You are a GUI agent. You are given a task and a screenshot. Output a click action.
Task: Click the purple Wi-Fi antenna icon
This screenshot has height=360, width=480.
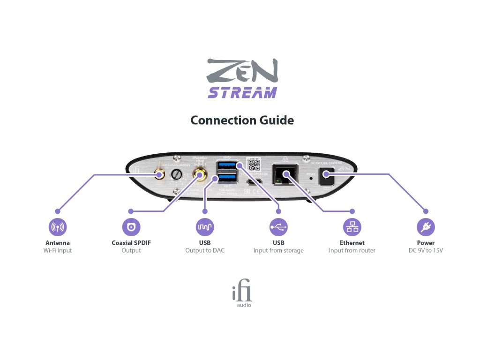point(58,227)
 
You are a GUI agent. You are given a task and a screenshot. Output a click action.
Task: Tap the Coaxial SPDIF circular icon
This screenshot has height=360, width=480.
point(131,227)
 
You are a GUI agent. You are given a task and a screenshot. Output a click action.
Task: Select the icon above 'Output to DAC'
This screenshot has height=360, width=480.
point(205,227)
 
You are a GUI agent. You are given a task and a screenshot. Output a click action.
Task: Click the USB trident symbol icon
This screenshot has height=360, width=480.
point(278,227)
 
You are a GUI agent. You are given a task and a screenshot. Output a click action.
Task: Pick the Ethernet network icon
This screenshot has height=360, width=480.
point(352,227)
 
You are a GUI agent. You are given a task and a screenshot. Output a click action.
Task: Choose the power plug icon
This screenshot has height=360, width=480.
point(426,227)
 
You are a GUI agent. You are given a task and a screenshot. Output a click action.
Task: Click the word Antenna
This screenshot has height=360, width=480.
point(58,243)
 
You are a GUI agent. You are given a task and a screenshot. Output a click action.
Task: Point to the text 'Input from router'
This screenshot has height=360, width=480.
point(352,250)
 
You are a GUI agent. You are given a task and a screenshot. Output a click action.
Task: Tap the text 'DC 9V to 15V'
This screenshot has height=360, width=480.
point(426,250)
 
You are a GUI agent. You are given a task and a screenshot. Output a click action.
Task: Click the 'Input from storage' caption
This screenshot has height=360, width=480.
point(278,250)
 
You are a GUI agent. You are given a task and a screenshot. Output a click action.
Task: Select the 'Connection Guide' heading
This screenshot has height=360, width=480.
point(242,120)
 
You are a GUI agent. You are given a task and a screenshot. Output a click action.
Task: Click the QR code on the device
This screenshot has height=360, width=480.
point(253,165)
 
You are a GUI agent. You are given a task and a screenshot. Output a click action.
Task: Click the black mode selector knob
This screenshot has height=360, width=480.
point(177,174)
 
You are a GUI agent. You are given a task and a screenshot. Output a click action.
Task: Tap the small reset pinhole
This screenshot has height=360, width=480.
point(311,179)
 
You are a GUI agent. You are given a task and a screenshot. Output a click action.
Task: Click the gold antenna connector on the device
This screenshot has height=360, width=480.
point(160,174)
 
